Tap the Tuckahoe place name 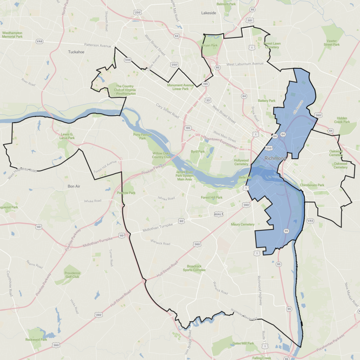[76, 52]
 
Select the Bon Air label [76, 186]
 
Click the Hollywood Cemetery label [241, 162]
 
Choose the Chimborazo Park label [312, 185]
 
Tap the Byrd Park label [197, 151]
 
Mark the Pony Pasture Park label [142, 136]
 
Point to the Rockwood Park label [36, 340]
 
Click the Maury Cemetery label [243, 224]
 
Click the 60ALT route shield [219, 214]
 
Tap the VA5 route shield [310, 221]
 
